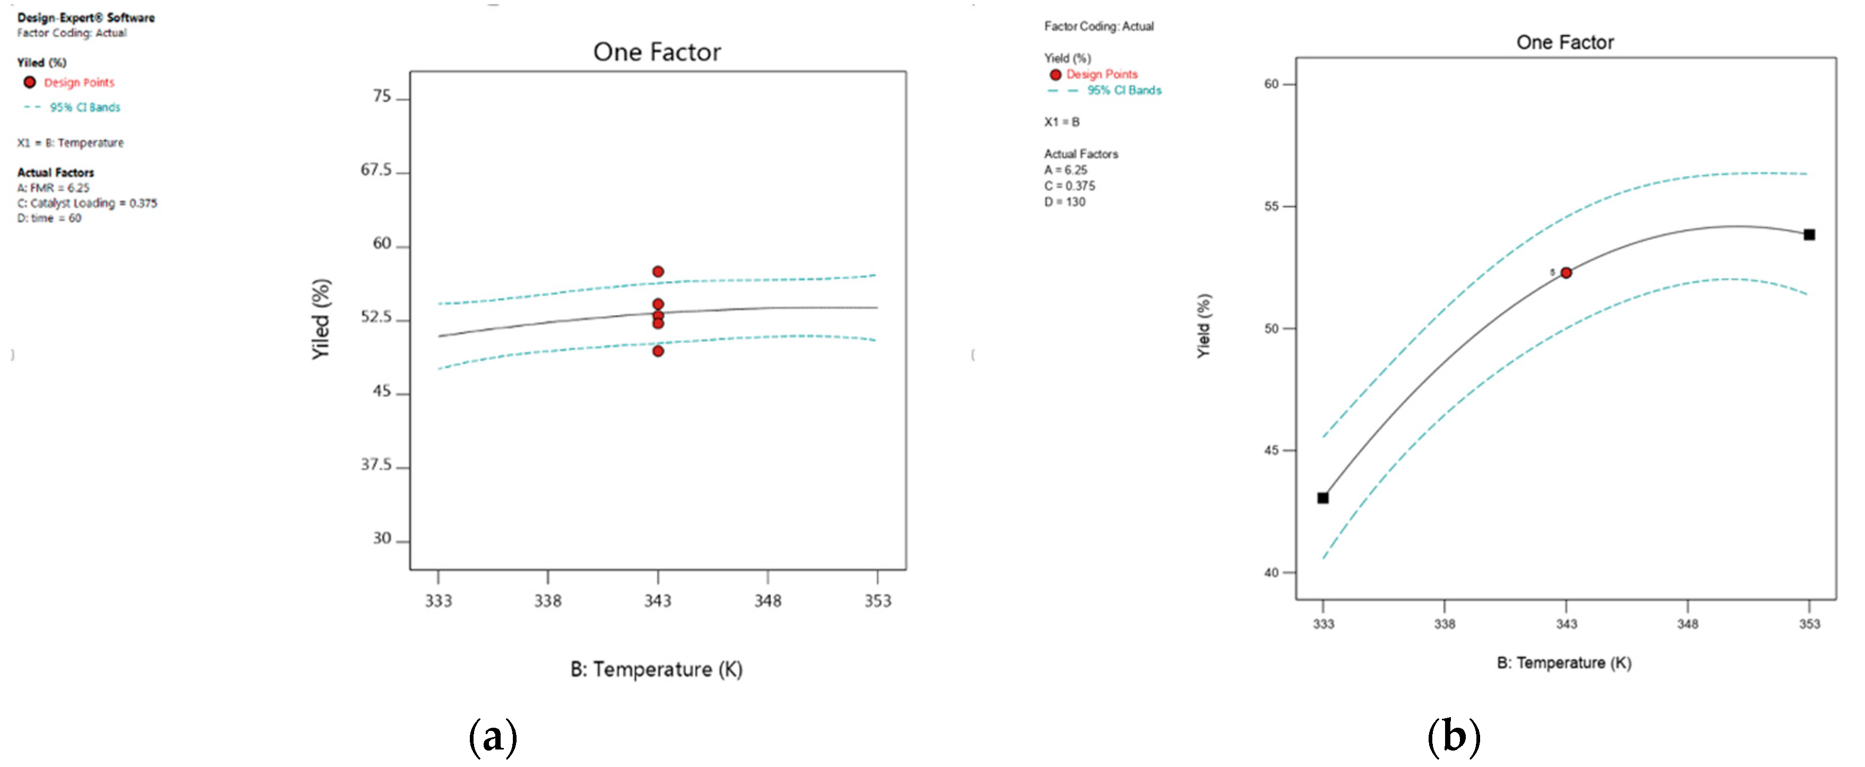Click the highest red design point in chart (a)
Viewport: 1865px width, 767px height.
tap(657, 272)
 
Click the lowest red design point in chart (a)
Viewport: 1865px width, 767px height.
tap(657, 351)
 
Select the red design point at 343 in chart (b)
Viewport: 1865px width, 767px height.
tap(1565, 273)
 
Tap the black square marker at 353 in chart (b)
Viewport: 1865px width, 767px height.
tap(1809, 234)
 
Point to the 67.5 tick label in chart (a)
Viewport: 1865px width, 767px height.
tap(376, 170)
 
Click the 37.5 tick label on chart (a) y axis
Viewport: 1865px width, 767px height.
tap(376, 465)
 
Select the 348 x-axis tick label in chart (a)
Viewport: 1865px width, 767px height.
tap(768, 600)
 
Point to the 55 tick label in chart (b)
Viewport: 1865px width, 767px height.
tap(1271, 206)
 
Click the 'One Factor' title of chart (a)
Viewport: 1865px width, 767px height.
tap(657, 52)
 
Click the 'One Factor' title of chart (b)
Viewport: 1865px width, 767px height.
tap(1565, 42)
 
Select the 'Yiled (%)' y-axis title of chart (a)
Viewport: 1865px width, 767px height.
tap(321, 319)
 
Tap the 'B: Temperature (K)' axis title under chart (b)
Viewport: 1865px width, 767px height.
tap(1564, 663)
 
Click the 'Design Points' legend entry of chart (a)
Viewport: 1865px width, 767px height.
tap(79, 83)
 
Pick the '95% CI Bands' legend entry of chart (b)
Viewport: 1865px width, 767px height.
tap(1124, 91)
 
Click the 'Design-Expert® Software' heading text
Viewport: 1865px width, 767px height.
tap(85, 18)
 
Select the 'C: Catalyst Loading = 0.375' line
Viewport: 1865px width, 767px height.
tap(87, 203)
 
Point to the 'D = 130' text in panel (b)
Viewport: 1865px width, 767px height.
tap(1064, 202)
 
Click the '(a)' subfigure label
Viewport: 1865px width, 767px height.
tap(493, 737)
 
